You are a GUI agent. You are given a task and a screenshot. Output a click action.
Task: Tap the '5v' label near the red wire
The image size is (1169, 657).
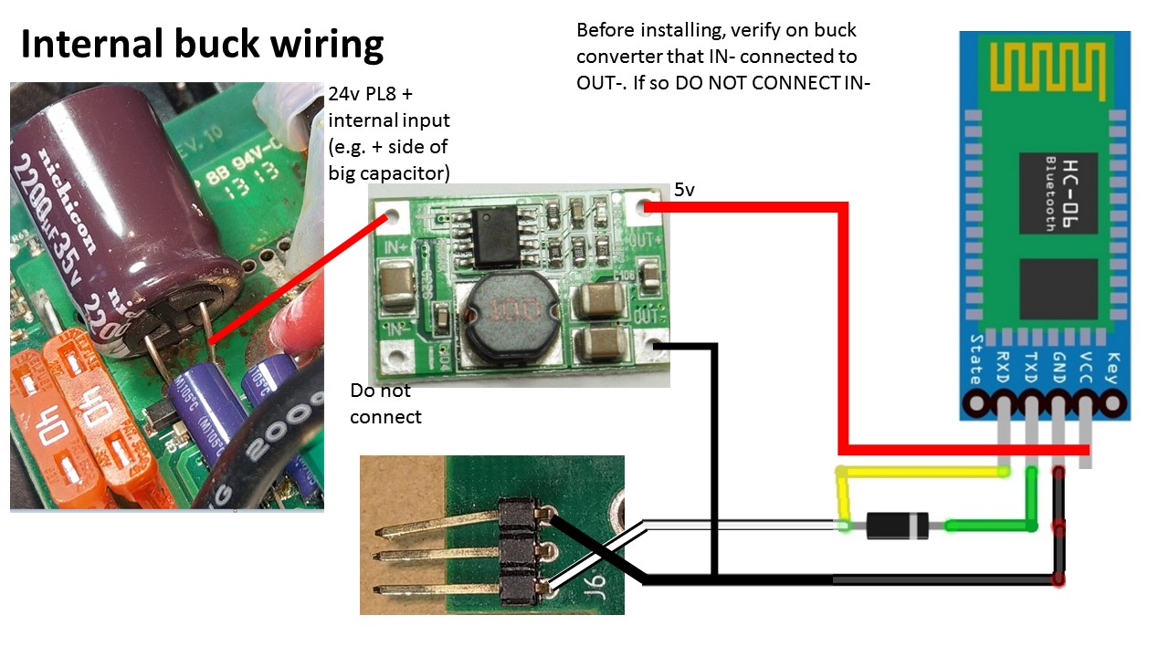click(684, 191)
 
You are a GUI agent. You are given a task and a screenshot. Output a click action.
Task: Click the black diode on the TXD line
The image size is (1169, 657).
click(897, 526)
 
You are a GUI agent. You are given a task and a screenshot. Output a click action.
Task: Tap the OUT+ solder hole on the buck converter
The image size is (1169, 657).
click(650, 205)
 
